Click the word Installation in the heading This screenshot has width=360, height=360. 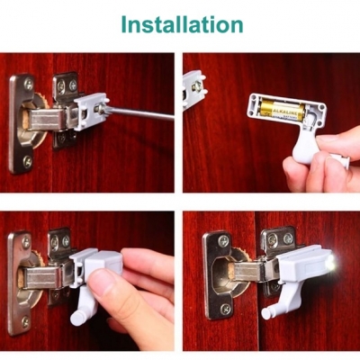click(182, 24)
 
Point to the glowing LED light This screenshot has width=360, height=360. click(330, 263)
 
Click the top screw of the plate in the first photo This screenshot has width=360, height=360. click(29, 84)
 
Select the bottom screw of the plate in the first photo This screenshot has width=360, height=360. click(28, 162)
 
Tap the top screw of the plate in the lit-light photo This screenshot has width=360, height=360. click(223, 240)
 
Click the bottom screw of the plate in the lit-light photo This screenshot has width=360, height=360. click(226, 309)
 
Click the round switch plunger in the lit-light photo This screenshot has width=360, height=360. click(267, 312)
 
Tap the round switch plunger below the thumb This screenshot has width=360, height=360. click(77, 317)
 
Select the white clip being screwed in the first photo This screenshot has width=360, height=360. click(90, 112)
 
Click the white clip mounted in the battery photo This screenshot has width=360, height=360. click(194, 88)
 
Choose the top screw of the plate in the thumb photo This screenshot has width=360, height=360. click(26, 242)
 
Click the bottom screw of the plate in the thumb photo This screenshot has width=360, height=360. click(25, 322)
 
